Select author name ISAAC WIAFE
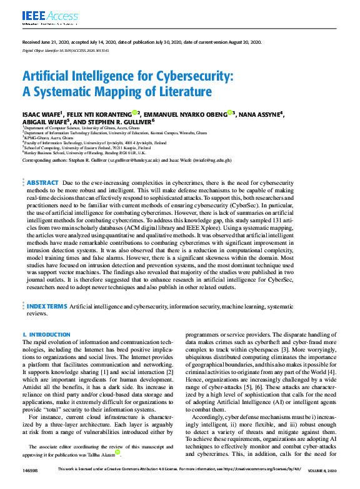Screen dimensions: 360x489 pos(44,114)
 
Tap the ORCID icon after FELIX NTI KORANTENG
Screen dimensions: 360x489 pos(134,112)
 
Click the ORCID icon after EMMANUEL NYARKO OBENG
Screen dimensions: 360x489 pos(229,112)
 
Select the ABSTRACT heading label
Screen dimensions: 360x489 pos(42,182)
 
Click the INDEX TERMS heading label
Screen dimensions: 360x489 pos(46,307)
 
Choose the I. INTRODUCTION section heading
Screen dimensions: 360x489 pos(46,335)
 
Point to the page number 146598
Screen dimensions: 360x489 pos(31,486)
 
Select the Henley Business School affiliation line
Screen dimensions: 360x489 pos(85,152)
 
